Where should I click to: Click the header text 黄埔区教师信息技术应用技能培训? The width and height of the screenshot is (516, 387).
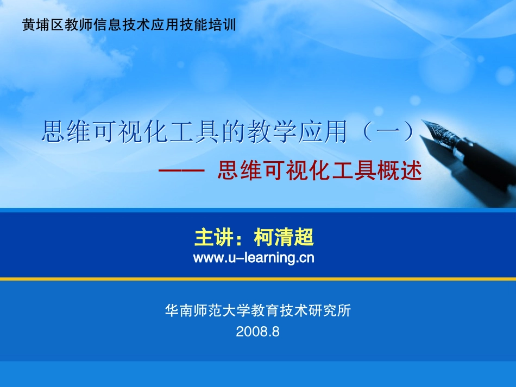129,24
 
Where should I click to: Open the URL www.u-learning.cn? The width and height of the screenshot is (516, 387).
254,258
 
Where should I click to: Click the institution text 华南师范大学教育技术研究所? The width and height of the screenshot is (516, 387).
258,310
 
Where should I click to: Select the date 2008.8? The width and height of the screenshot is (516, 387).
257,332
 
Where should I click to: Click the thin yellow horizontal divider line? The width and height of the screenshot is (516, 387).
258,279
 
